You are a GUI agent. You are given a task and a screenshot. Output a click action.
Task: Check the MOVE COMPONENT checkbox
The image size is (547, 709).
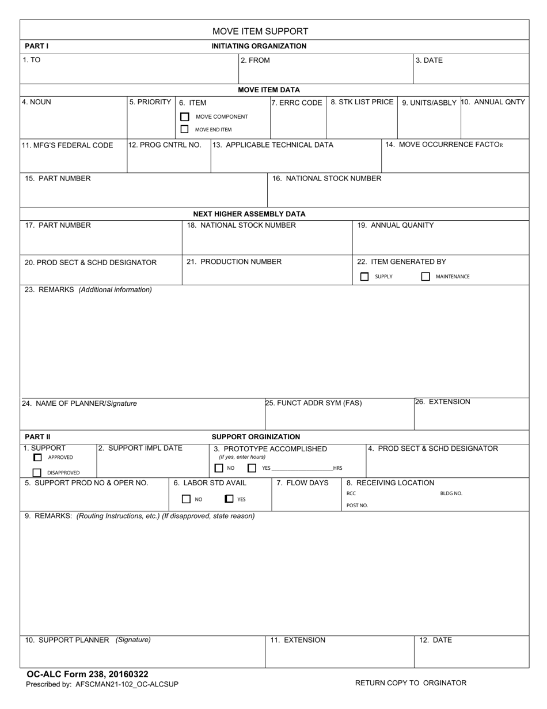pyautogui.click(x=185, y=116)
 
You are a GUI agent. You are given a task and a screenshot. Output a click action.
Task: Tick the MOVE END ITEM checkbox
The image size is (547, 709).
pyautogui.click(x=185, y=130)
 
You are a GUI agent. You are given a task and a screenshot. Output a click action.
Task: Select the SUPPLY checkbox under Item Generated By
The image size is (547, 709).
pyautogui.click(x=364, y=277)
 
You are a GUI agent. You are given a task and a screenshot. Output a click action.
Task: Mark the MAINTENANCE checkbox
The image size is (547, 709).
pyautogui.click(x=426, y=277)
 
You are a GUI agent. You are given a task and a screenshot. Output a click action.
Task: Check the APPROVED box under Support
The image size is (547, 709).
pyautogui.click(x=38, y=458)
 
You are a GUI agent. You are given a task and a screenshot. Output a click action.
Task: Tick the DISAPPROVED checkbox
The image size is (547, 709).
pyautogui.click(x=37, y=473)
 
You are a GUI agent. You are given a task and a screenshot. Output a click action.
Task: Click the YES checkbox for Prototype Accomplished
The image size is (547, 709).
pyautogui.click(x=252, y=468)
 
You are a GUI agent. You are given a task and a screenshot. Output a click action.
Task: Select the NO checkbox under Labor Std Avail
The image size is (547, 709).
pyautogui.click(x=186, y=499)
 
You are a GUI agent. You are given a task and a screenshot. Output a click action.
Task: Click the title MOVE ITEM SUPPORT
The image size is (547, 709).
pyautogui.click(x=260, y=31)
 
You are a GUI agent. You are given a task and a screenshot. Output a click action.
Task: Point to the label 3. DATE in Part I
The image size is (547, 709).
pyautogui.click(x=430, y=60)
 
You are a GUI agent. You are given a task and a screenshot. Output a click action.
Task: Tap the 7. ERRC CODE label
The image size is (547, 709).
pyautogui.click(x=297, y=103)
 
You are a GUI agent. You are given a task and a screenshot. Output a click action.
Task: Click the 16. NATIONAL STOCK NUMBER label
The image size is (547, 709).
pyautogui.click(x=326, y=178)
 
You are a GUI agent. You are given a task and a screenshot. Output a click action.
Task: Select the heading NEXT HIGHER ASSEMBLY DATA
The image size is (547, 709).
pyautogui.click(x=249, y=214)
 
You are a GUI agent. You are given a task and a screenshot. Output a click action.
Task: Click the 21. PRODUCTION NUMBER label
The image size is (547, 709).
pyautogui.click(x=234, y=262)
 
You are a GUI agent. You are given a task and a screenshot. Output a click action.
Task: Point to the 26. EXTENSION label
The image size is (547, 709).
pyautogui.click(x=443, y=402)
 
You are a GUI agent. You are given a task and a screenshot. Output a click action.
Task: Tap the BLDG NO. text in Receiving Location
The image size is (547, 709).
pyautogui.click(x=451, y=493)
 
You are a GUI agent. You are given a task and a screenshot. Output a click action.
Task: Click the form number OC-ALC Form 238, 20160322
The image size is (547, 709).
pyautogui.click(x=88, y=674)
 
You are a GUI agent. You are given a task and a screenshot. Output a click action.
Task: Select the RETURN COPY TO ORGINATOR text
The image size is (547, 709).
pyautogui.click(x=411, y=683)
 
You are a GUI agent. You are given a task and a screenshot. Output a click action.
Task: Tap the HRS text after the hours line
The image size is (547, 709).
pyautogui.click(x=337, y=468)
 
